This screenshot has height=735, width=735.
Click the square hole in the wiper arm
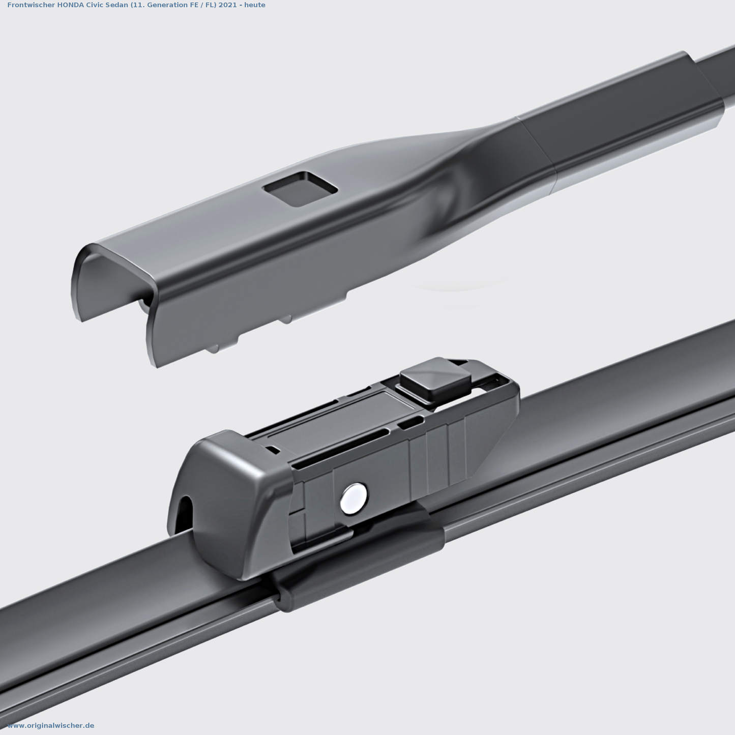300,188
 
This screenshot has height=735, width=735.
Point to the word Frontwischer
31,5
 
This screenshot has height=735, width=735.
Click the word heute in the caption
255,5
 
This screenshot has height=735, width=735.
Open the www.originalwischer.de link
51,725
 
